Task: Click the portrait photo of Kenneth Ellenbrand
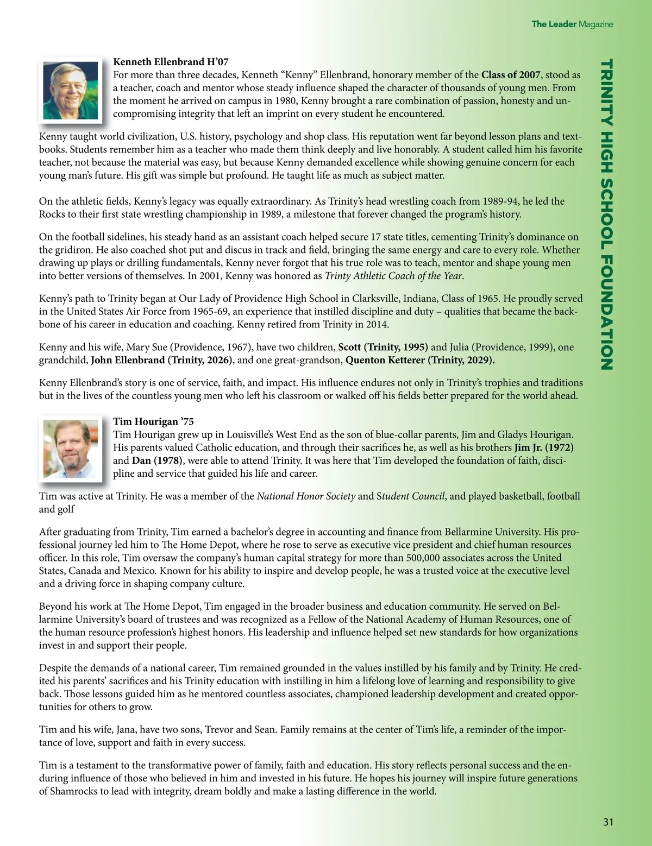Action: point(71,90)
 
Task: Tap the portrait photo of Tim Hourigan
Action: point(71,448)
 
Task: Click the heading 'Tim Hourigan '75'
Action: point(153,421)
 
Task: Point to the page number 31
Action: point(608,822)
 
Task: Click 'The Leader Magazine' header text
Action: point(572,24)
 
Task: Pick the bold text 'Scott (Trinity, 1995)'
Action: point(383,347)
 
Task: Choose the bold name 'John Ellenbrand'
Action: point(128,360)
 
